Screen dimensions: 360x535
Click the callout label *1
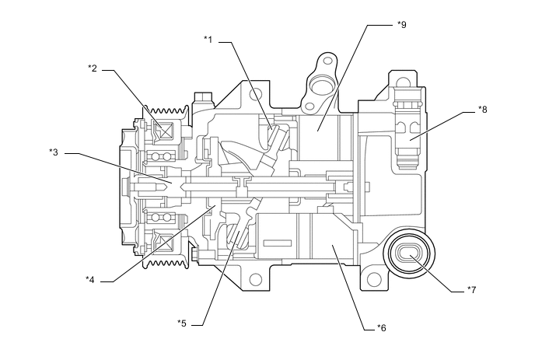(208, 38)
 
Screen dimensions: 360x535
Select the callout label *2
(93, 68)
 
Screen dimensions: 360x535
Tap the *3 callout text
(54, 152)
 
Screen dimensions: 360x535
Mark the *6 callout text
(380, 327)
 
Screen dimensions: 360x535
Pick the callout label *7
(471, 290)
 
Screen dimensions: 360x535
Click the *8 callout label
(482, 109)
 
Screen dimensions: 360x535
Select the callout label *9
(402, 24)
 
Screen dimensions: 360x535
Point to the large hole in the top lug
(320, 82)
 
